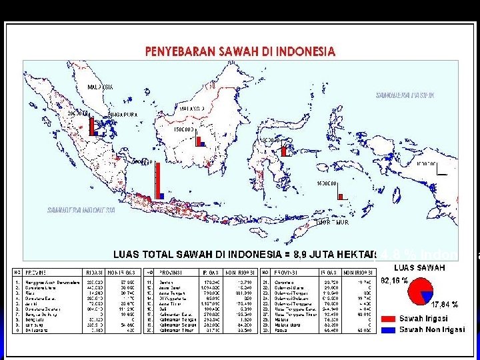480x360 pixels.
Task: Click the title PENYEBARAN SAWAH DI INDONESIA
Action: [241, 51]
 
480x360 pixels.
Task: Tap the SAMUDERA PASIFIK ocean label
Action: [405, 95]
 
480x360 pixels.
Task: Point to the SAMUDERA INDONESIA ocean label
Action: [81, 210]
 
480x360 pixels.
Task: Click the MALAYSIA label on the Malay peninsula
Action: [101, 87]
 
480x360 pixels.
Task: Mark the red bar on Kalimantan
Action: [197, 139]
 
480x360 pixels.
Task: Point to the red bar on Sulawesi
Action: [283, 151]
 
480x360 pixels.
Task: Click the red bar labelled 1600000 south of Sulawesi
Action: [340, 196]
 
